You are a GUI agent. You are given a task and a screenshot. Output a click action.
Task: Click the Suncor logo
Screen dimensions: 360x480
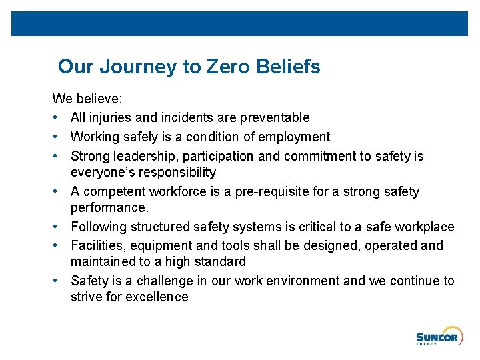pos(437,338)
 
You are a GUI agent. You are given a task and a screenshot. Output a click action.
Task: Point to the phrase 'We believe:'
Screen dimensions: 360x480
pos(87,99)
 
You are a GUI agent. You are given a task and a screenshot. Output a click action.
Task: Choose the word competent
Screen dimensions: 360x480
pos(112,192)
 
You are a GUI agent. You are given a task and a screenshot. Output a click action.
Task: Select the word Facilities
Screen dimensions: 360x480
pos(96,246)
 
